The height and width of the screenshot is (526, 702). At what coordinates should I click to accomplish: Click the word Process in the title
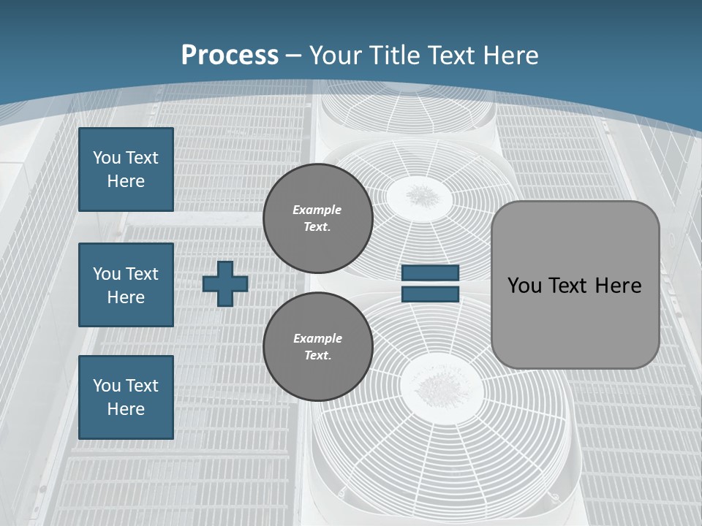click(x=230, y=56)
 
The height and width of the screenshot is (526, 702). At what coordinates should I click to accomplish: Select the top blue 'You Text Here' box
click(x=126, y=169)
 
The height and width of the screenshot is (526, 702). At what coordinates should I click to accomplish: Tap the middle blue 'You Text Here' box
click(x=126, y=285)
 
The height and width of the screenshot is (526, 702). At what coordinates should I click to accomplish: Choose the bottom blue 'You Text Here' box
click(x=126, y=397)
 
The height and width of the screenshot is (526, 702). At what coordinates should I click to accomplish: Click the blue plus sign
click(x=225, y=283)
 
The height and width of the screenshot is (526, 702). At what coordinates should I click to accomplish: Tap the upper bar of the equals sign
click(x=430, y=273)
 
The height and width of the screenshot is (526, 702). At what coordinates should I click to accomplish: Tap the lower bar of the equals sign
click(x=430, y=294)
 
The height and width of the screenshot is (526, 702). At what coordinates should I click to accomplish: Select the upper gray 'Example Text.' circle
click(x=317, y=218)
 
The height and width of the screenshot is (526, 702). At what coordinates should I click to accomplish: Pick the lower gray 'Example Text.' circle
click(x=317, y=346)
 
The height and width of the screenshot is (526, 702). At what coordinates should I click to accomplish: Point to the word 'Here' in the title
click(x=510, y=56)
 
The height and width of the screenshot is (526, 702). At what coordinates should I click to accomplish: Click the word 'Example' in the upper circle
click(x=317, y=210)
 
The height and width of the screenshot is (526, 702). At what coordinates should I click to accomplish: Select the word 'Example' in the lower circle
click(x=317, y=338)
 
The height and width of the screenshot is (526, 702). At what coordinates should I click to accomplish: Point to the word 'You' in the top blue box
click(x=106, y=158)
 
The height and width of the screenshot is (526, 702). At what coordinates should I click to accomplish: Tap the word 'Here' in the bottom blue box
click(x=126, y=409)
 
